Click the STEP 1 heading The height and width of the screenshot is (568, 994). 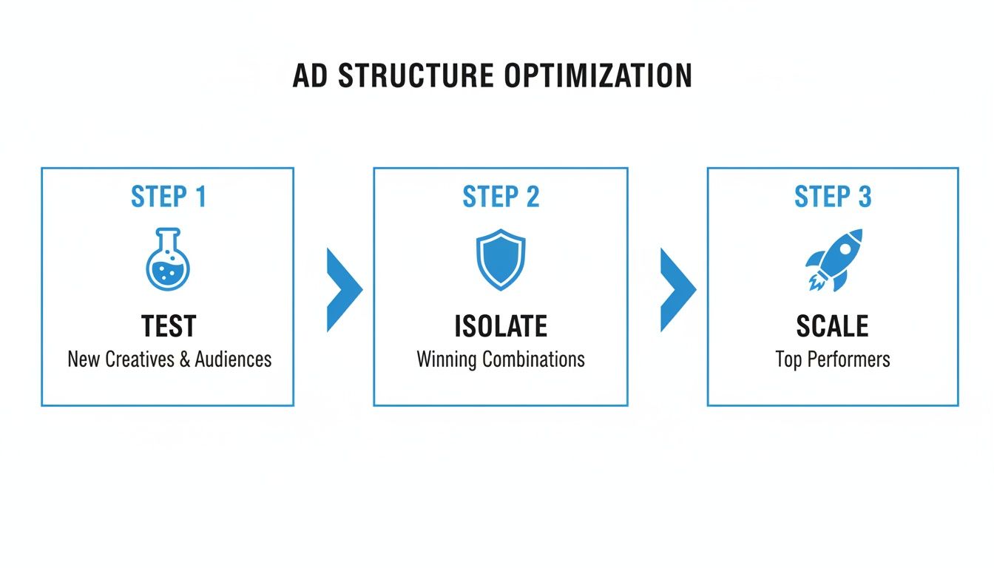[x=168, y=197]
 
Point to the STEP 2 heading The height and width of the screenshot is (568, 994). [x=501, y=197]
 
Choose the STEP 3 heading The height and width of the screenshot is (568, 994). [x=833, y=197]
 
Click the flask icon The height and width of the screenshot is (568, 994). [x=168, y=259]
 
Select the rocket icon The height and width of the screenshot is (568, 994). [x=834, y=259]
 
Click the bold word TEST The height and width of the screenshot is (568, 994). [x=169, y=326]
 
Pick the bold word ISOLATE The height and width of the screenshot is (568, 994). [x=501, y=326]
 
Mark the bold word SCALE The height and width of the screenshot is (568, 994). [x=833, y=326]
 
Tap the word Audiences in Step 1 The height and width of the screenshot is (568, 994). [x=233, y=359]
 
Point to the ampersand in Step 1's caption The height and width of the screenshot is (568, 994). [x=186, y=359]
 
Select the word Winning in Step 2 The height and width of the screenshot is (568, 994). [x=446, y=359]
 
